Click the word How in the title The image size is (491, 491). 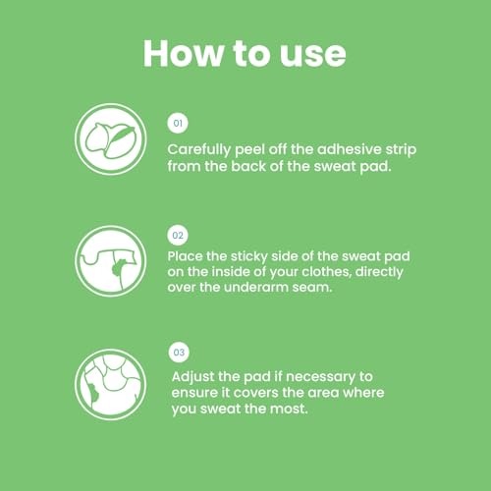point(184,54)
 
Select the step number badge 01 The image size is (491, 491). point(178,124)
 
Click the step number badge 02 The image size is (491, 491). point(178,236)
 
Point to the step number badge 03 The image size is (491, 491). point(179,353)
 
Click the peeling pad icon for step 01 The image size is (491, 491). point(111,139)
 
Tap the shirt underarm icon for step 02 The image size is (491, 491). point(111,261)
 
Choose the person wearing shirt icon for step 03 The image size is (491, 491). point(111,385)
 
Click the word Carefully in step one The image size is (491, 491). point(199,150)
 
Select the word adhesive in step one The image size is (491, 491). point(349,149)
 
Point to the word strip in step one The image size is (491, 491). point(401,150)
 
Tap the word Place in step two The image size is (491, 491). point(185,256)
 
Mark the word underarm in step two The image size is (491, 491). point(256,288)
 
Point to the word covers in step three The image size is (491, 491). point(256,393)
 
